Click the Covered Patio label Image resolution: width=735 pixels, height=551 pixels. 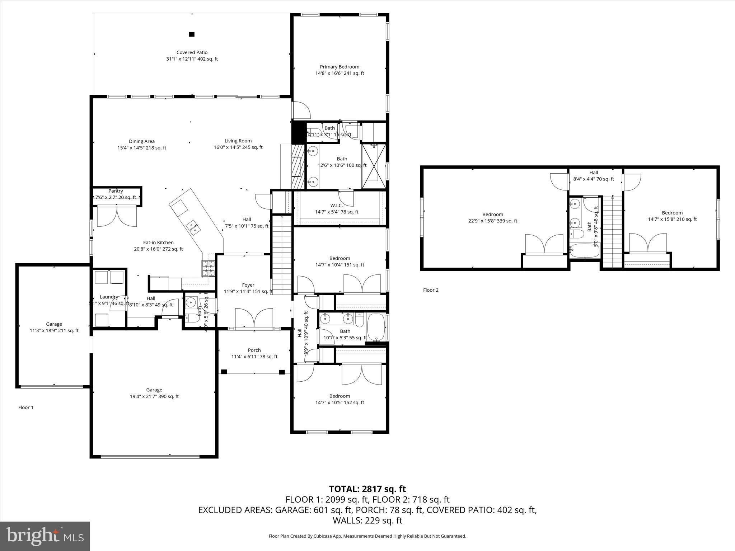coord(192,52)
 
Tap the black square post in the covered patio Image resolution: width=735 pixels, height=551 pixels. coord(192,34)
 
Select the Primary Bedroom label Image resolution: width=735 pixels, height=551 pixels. coord(339,67)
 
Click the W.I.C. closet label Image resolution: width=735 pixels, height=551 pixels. coord(336,205)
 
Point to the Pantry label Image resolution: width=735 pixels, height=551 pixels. coord(116,191)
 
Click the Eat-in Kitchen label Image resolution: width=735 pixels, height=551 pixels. coord(158,242)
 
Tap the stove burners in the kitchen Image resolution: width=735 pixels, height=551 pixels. coord(209,268)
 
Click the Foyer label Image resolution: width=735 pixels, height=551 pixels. coord(248,285)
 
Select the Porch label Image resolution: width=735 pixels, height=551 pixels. coord(254,350)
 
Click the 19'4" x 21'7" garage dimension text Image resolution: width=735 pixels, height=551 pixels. coord(154,396)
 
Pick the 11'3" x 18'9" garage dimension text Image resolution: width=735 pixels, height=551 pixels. coord(54,331)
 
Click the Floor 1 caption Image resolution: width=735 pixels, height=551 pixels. coord(26,408)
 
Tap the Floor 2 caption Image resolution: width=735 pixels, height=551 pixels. coord(431,290)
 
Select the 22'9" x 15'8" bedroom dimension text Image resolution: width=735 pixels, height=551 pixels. coord(492,221)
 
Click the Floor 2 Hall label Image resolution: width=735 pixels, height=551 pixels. coord(594,173)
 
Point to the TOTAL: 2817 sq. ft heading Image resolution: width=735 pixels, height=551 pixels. coord(367,489)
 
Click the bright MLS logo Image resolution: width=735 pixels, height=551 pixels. coord(45,536)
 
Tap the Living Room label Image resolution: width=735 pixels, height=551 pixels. coord(238,141)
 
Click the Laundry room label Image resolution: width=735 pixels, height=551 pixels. coord(109,297)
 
